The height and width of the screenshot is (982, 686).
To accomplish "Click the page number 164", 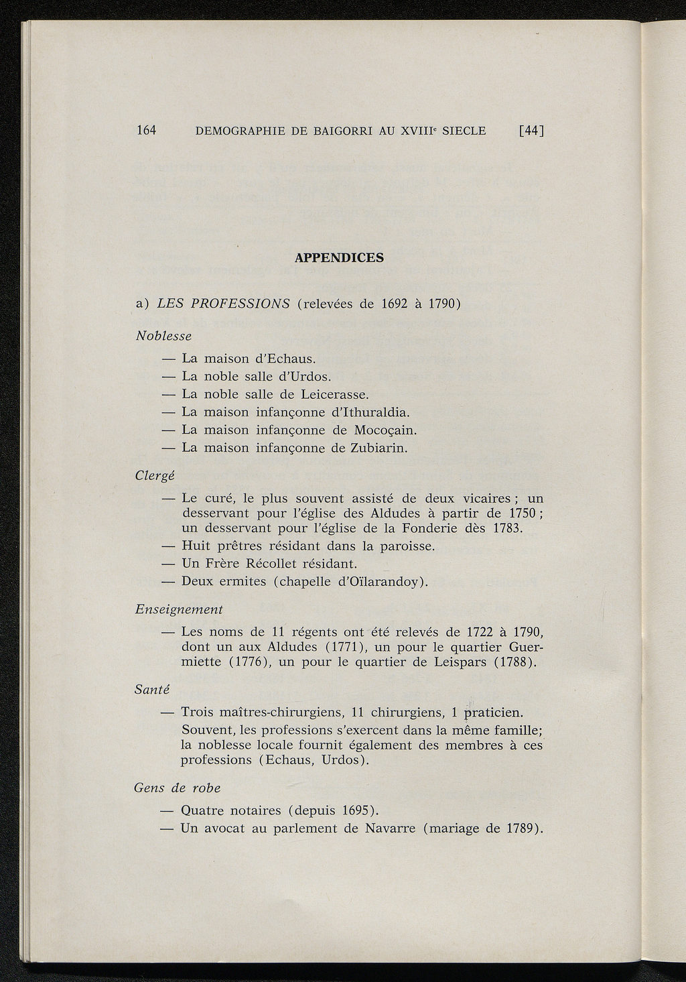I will click(x=146, y=131).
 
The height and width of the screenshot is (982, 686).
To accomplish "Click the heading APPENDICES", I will click(x=339, y=257).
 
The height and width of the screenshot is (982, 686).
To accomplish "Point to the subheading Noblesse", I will click(x=163, y=335).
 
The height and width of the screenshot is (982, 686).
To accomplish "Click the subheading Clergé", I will click(x=155, y=475).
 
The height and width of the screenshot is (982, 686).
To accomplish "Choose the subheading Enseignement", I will click(x=179, y=609).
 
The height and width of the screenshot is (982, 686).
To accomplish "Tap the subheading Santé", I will click(x=153, y=689).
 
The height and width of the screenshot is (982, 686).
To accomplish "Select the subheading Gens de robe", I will click(x=178, y=788).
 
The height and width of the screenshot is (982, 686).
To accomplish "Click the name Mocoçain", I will click(x=385, y=430).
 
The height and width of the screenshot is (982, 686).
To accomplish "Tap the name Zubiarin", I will click(x=379, y=447).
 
